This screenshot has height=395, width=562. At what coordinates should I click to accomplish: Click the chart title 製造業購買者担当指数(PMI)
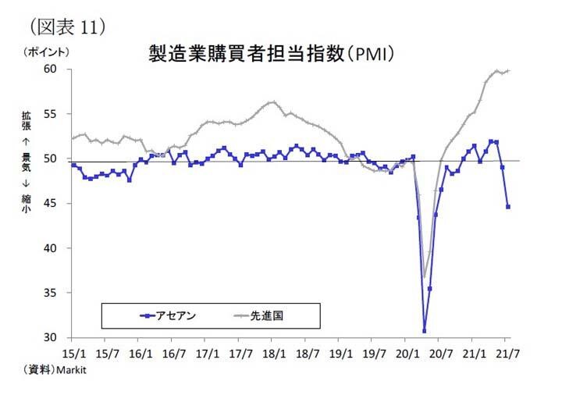coord(269,54)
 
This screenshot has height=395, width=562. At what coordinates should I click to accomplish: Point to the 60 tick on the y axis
coord(51,69)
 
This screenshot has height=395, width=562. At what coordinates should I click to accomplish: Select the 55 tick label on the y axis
coord(51,114)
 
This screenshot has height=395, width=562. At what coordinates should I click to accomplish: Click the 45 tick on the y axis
coord(51,204)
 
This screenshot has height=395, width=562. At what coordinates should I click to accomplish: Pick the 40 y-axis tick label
coord(51,248)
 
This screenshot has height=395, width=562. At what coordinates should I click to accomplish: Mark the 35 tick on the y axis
coord(51,293)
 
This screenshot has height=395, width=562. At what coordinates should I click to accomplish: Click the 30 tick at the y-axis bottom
coord(51,337)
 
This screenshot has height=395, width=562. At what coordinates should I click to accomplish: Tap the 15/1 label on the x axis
coord(72,352)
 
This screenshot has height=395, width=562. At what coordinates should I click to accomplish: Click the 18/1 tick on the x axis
coord(272,352)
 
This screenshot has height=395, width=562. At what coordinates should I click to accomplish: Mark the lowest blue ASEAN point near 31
coord(425,331)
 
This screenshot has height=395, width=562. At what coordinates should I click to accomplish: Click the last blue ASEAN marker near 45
coord(508,207)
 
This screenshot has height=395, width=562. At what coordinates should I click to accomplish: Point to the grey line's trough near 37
coord(424,276)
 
